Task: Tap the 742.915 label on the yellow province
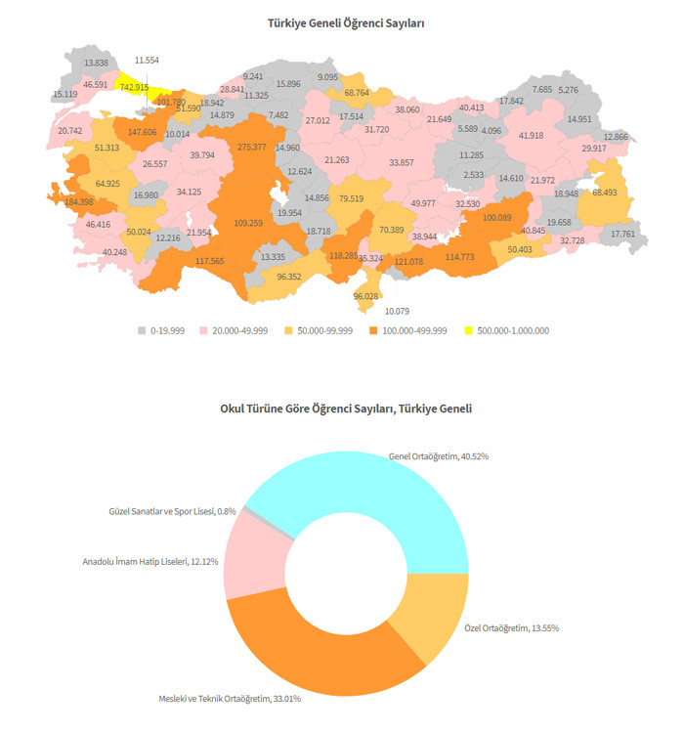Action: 134,87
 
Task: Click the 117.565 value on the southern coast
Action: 209,261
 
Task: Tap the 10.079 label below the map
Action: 397,311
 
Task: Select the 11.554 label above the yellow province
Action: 147,61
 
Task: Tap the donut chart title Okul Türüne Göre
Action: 346,409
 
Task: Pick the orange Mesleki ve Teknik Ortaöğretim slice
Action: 322,650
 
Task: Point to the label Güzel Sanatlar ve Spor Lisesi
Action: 171,511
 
